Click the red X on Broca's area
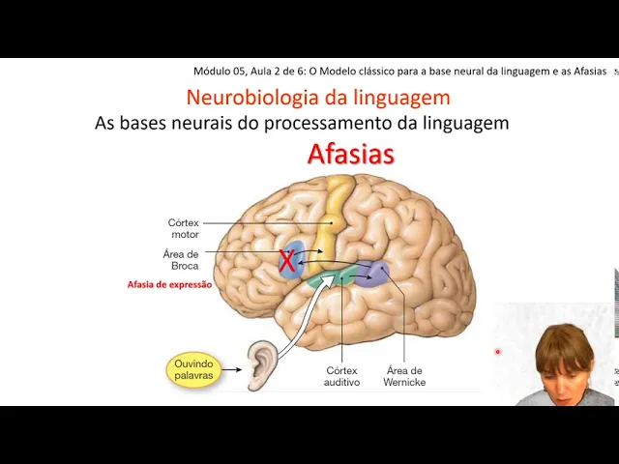[287, 260]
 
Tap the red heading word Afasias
[350, 154]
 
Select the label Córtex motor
[184, 228]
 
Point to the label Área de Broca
[181, 259]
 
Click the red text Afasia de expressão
[169, 285]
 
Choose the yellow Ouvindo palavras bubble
[193, 369]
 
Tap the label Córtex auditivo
[341, 376]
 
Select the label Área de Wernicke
[404, 376]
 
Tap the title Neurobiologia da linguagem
[317, 98]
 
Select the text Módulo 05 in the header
[218, 71]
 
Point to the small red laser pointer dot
[498, 352]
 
